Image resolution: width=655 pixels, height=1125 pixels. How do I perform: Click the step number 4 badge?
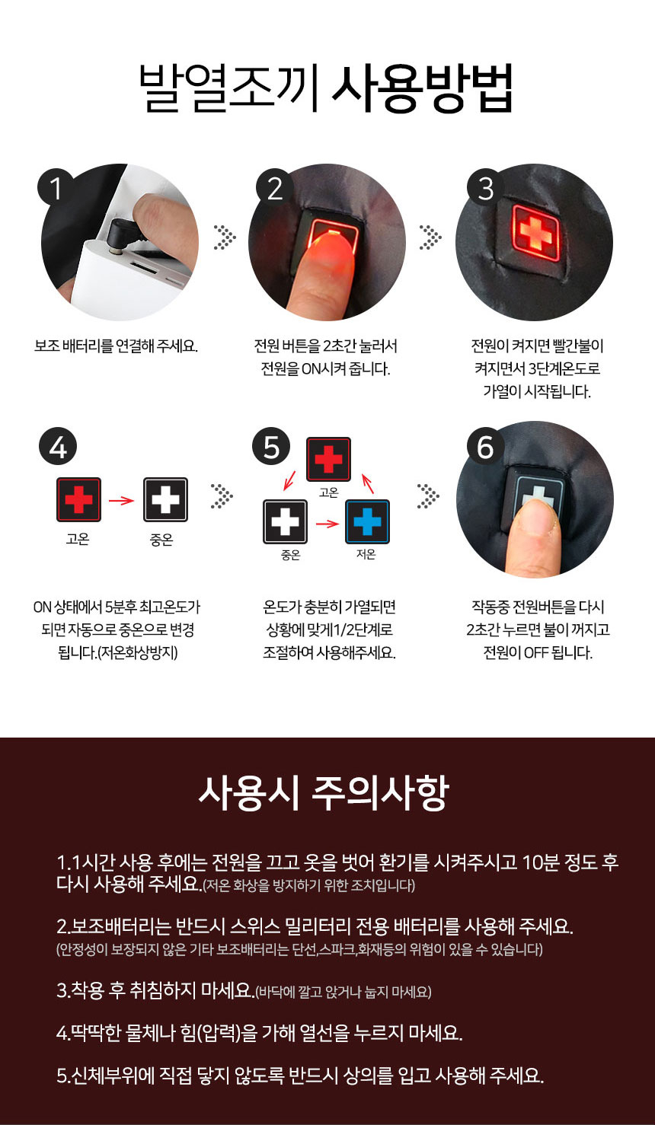(57, 448)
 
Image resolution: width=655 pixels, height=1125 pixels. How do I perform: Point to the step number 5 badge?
(272, 448)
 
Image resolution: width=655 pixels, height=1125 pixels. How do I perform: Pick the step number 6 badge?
(486, 448)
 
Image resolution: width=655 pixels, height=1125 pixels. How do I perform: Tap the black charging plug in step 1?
(126, 232)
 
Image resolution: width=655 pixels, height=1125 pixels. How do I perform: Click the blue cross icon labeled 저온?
(367, 521)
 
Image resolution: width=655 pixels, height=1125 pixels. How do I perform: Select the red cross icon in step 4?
(78, 499)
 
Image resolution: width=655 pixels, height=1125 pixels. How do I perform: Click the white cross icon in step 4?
(165, 499)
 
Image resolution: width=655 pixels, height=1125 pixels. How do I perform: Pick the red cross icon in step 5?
(328, 459)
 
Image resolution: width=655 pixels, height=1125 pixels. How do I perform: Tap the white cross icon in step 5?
(285, 521)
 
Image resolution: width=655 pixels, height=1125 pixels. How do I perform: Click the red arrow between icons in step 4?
(122, 500)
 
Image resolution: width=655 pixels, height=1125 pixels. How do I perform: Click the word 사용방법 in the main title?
(423, 90)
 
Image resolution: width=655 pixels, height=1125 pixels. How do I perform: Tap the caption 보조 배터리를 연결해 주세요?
(116, 346)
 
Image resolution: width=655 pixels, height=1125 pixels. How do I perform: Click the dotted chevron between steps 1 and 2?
(223, 237)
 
